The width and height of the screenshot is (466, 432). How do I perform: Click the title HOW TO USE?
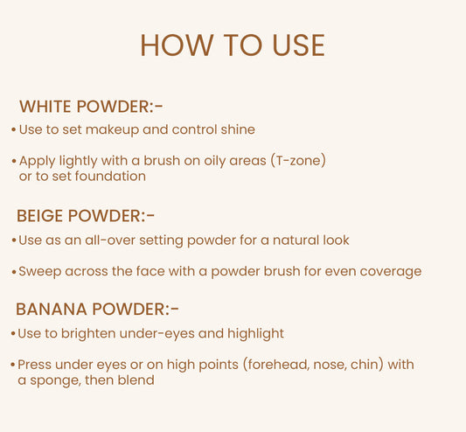point(232,45)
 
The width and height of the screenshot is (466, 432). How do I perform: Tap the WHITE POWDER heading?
point(91,107)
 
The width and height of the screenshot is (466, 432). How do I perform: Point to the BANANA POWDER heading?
point(97,310)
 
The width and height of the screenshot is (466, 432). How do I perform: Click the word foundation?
point(109,176)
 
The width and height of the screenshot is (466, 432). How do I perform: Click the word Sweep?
point(38,271)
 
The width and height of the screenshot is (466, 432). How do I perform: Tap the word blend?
point(135,380)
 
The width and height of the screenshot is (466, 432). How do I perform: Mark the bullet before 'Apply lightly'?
point(13,162)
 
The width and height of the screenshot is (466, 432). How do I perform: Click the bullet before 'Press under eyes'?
point(13,364)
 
